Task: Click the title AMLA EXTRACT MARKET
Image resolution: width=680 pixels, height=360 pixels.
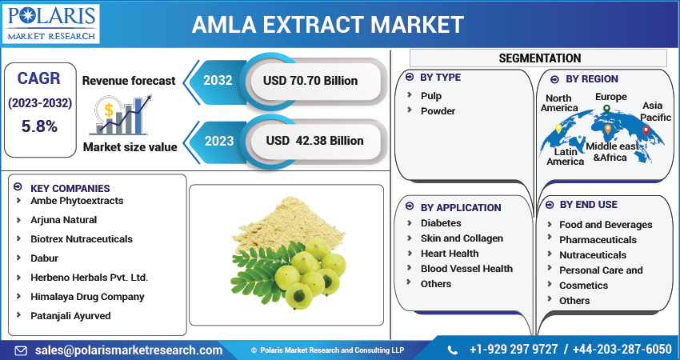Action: click(327, 24)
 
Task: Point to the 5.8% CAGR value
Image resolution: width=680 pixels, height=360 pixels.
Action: click(39, 126)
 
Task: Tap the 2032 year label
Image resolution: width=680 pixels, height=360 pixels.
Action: click(218, 80)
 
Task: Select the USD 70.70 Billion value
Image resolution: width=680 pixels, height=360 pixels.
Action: click(311, 80)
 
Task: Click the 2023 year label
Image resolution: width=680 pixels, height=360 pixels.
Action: click(218, 141)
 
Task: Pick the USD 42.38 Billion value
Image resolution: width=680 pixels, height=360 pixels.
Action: click(314, 141)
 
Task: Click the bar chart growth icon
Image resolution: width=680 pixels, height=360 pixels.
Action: click(120, 114)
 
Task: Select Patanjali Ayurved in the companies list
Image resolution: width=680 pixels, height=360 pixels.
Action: click(70, 315)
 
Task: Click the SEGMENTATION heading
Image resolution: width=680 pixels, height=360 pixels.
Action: click(539, 58)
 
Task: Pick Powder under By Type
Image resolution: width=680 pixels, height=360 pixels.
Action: click(438, 110)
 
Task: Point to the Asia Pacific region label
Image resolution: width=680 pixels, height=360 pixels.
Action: click(655, 111)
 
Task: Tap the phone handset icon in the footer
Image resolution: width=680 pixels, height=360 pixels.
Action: click(453, 350)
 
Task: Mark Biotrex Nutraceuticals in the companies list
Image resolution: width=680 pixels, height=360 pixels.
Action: click(82, 238)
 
